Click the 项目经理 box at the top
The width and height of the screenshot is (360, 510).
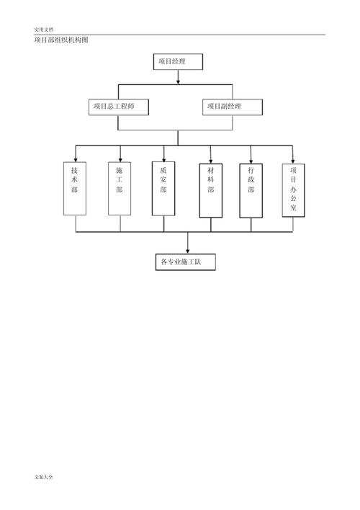tap(178, 61)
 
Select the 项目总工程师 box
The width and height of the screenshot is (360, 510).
tap(118, 107)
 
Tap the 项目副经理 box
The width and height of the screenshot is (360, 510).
tap(232, 107)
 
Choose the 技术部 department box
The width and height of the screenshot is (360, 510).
tap(75, 189)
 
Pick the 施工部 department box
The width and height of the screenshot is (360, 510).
tap(120, 189)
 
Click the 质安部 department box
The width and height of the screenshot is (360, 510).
tap(163, 189)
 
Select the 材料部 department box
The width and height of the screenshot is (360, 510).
tap(211, 191)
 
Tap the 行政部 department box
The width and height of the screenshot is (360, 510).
tap(251, 191)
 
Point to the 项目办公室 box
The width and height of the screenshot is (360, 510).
tap(293, 190)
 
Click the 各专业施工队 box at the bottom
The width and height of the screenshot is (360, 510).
tap(185, 261)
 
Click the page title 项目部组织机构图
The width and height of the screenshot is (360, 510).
tap(61, 40)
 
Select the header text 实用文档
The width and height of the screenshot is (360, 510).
tap(44, 30)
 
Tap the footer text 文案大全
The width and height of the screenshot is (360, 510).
tap(44, 477)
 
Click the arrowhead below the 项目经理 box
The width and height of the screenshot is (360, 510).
tap(178, 81)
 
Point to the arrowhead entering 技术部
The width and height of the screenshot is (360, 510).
tap(76, 160)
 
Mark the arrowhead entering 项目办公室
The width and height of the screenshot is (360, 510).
tap(293, 161)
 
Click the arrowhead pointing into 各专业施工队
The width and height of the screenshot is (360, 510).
tap(188, 251)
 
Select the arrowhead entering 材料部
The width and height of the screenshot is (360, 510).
tap(211, 161)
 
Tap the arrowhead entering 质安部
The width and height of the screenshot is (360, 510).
tap(164, 159)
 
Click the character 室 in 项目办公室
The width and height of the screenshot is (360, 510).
tap(293, 207)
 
